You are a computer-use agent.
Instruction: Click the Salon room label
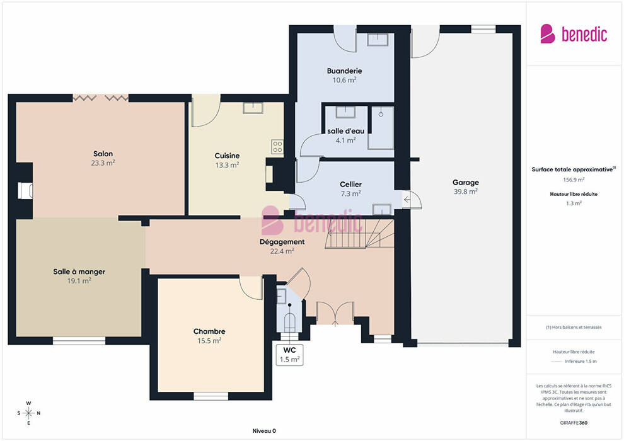pos(103,154)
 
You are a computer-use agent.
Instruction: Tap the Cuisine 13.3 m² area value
pos(228,165)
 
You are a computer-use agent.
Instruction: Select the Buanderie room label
pos(344,71)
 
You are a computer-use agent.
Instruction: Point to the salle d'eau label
pos(346,131)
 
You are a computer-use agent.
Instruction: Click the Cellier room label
pos(350,184)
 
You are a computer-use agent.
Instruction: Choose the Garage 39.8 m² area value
pos(466,192)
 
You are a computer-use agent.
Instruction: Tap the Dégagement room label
pos(282,242)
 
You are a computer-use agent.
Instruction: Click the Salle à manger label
pos(79,272)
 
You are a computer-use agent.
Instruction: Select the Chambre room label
pos(209,331)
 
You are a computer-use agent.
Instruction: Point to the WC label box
pos(290,355)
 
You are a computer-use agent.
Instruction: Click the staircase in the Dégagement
pos(360,234)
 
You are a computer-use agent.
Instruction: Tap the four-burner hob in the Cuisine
pos(277,147)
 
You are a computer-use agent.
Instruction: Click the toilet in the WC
pos(289,322)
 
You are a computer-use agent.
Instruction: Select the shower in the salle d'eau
pos(381,128)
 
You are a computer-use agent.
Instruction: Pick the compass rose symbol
pos(28,413)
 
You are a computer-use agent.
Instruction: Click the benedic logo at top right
pos(574,34)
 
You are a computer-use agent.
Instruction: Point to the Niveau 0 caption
pos(264,431)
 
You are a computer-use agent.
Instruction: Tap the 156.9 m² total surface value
pos(574,180)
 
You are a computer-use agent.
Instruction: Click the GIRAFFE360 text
pos(574,423)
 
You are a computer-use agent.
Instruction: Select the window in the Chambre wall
pos(211,396)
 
